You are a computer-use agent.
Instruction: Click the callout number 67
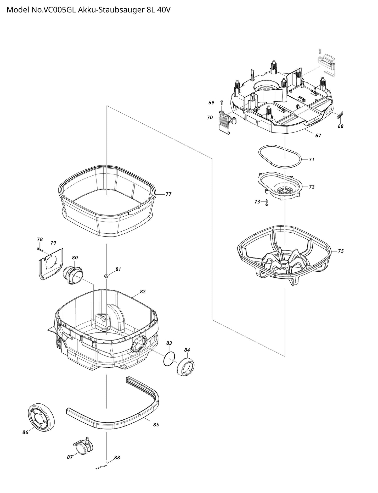tap(318, 135)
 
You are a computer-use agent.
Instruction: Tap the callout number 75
tap(341, 251)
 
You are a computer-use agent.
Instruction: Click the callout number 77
tap(168, 194)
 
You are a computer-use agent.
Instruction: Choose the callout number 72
tap(312, 187)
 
